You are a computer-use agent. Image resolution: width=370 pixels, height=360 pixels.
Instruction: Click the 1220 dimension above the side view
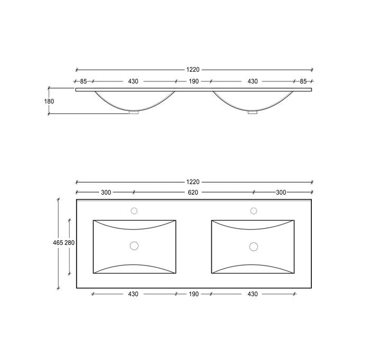(193, 70)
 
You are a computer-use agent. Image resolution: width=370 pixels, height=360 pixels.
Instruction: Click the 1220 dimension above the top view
(193, 182)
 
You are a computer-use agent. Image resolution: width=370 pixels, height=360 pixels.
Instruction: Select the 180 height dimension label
(49, 101)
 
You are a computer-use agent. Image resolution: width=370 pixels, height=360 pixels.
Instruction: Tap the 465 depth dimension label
(58, 243)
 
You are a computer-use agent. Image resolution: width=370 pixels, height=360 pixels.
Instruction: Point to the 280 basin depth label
(70, 243)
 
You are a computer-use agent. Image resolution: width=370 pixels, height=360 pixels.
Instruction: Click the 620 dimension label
(193, 193)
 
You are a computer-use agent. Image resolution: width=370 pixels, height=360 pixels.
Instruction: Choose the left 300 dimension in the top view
(106, 193)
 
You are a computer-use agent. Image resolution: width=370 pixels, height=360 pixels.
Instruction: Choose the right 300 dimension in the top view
(281, 193)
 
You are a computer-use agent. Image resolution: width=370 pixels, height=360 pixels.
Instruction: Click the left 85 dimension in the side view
(84, 81)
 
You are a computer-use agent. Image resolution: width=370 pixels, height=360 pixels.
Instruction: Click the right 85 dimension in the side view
(303, 81)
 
